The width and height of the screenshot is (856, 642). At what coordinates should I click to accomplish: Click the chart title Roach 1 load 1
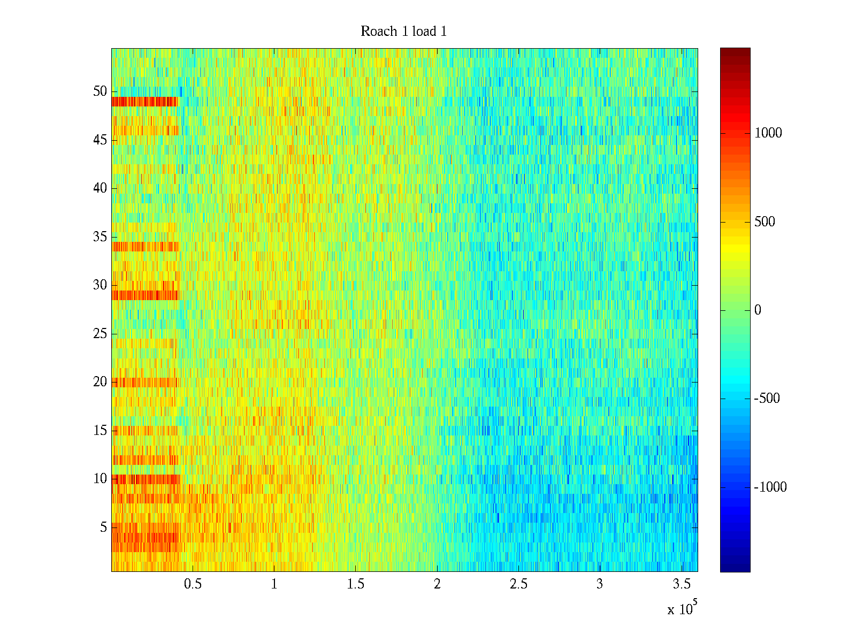[403, 31]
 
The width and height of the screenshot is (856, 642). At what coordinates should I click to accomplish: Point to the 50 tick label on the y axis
[100, 91]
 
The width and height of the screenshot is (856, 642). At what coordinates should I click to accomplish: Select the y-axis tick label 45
[100, 140]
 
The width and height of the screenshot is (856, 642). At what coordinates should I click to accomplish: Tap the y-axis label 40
[100, 188]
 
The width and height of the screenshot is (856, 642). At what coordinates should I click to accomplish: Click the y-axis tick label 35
[100, 236]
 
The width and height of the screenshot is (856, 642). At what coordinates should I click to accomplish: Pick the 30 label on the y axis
[100, 285]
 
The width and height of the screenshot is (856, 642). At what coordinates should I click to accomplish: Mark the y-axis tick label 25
[100, 334]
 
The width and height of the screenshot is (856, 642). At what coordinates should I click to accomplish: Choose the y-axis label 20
[100, 381]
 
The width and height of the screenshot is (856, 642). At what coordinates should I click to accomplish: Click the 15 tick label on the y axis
[100, 430]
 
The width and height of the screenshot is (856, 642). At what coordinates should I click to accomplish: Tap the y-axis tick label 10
[100, 479]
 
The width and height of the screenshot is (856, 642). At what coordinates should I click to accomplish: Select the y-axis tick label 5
[103, 528]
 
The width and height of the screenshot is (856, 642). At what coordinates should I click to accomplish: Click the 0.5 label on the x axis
[193, 584]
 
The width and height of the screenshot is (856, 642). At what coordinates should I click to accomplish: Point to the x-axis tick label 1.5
[355, 584]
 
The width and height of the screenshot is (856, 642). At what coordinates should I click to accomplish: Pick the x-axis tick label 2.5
[518, 584]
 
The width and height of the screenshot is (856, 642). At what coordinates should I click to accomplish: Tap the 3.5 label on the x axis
[681, 584]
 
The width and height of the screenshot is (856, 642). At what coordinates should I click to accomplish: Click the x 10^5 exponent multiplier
[682, 608]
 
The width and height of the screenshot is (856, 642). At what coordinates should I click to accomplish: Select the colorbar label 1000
[768, 133]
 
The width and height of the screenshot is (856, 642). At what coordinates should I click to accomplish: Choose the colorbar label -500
[766, 399]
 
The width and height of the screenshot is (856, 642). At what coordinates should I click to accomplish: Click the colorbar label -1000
[770, 487]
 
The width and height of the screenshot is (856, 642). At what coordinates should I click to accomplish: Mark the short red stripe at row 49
[144, 101]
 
